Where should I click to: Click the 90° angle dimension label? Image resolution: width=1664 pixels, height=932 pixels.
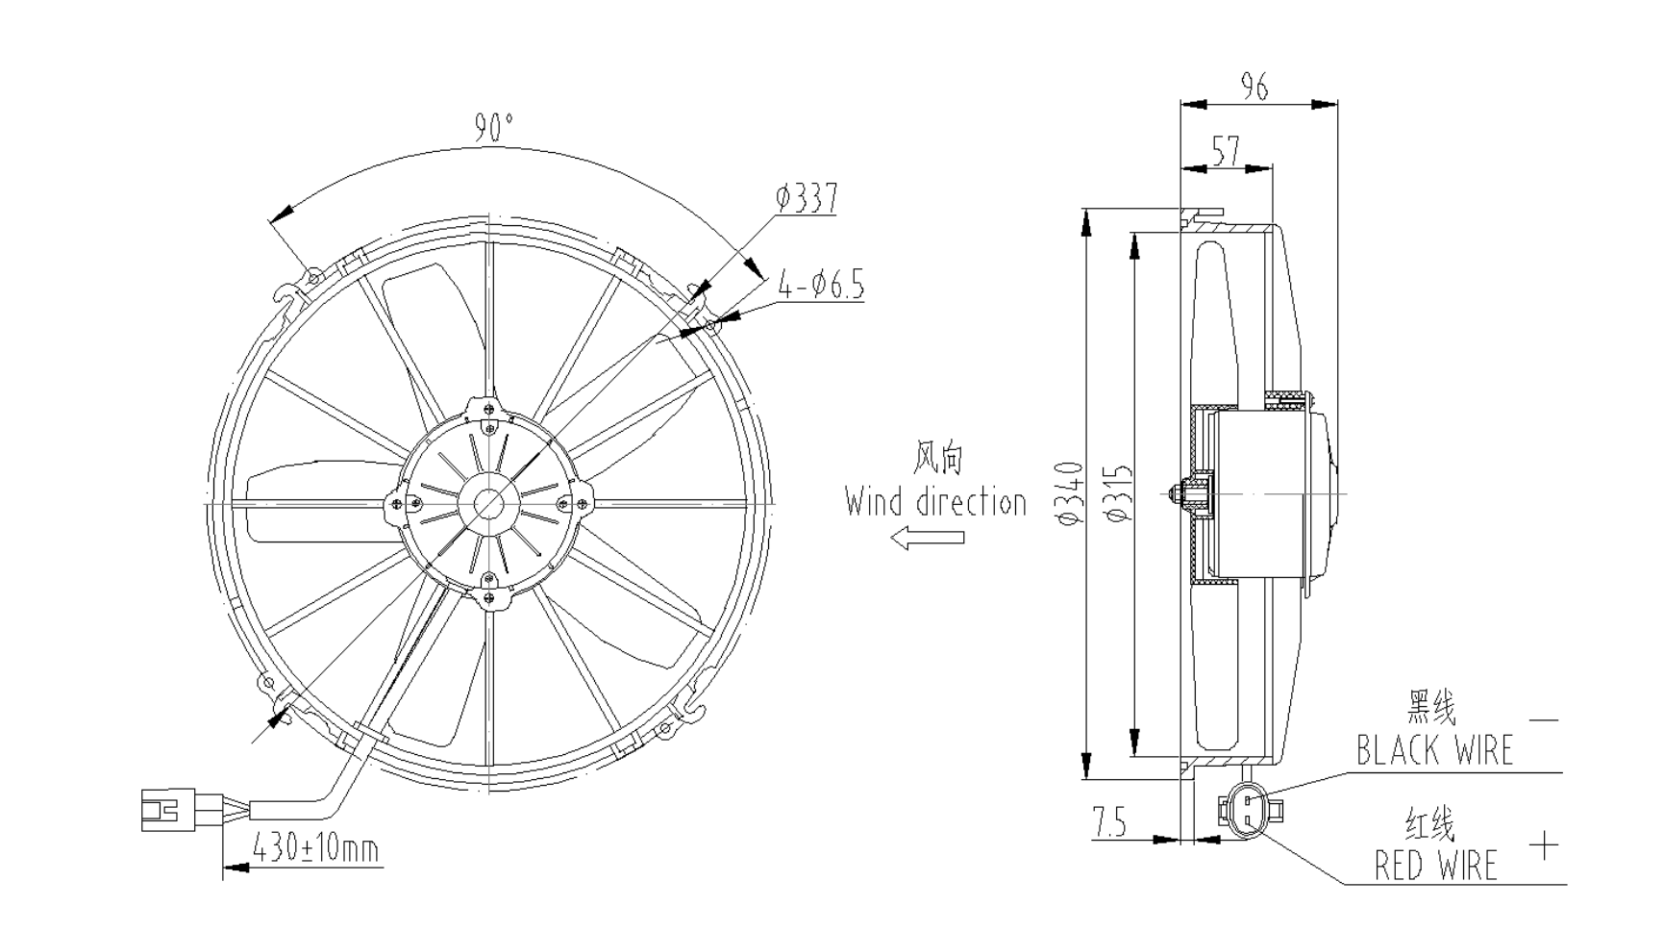point(494,128)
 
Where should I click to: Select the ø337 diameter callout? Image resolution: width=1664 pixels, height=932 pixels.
point(807,198)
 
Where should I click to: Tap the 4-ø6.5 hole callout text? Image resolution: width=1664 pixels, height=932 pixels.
point(821,286)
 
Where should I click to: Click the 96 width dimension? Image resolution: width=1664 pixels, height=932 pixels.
point(1254,88)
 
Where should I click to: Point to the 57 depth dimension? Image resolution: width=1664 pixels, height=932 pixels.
point(1226,151)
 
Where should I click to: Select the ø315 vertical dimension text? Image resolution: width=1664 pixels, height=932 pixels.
point(1119,493)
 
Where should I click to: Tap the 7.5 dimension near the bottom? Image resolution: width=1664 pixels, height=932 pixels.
point(1109,823)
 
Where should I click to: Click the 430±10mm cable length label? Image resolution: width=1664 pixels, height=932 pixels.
point(315,849)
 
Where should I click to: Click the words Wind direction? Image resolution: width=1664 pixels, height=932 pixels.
point(935,502)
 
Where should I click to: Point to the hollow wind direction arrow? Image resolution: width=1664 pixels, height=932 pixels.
point(927,538)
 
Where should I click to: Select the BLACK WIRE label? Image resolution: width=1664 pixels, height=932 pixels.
point(1434,750)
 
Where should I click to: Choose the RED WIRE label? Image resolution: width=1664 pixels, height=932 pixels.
point(1435,865)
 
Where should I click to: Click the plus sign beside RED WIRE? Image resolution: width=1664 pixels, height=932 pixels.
point(1544,846)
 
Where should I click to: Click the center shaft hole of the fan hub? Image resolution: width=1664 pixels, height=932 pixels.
point(489,502)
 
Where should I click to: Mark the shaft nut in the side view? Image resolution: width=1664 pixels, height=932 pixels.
point(1177,493)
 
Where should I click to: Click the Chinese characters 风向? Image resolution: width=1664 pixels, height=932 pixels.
point(938,459)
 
